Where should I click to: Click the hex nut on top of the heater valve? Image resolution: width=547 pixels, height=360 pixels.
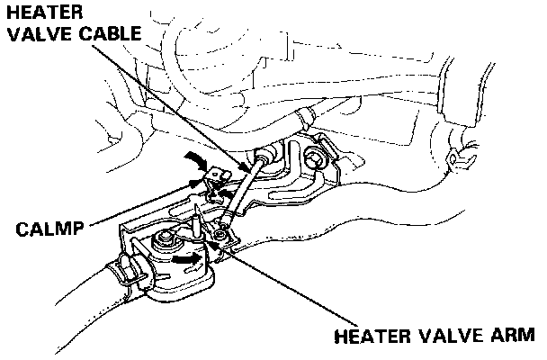tap(166, 240)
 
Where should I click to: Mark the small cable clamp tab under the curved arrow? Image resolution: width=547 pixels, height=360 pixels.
tap(214, 184)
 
